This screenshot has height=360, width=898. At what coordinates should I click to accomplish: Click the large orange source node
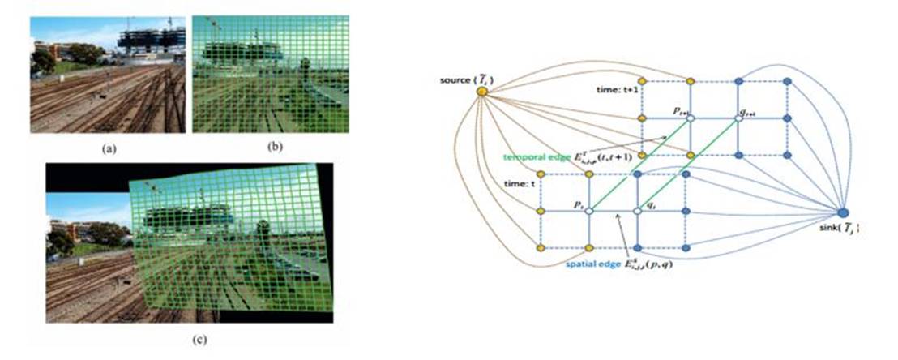click(x=481, y=91)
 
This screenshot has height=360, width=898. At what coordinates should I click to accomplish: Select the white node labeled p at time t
click(x=589, y=212)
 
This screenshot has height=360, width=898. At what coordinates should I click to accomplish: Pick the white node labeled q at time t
click(x=638, y=212)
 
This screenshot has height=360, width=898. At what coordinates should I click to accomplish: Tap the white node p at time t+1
click(x=690, y=118)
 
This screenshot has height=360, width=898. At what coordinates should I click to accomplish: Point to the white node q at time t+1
click(x=738, y=118)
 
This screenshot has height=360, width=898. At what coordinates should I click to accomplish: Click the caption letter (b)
click(x=270, y=146)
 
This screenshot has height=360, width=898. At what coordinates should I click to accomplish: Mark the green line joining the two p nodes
click(x=639, y=165)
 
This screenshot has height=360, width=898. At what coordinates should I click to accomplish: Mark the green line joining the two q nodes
click(x=688, y=165)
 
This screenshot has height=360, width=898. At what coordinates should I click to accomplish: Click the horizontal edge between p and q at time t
click(x=614, y=212)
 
